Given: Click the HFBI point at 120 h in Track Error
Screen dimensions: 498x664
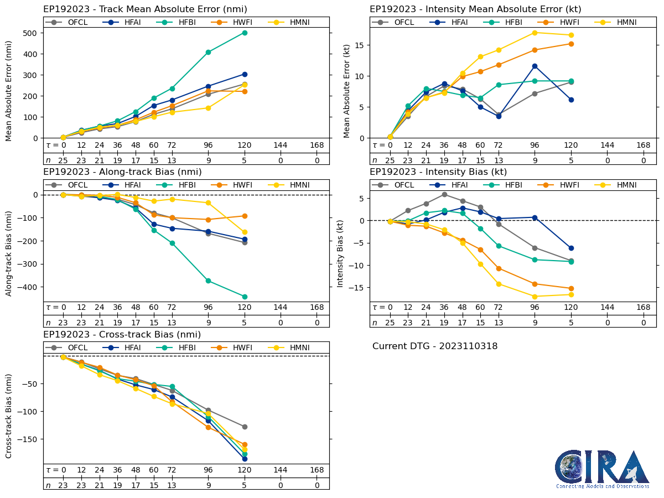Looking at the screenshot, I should pos(245,33).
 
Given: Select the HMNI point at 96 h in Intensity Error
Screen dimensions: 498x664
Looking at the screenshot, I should pos(535,33).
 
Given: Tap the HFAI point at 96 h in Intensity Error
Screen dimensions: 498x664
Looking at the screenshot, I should pos(535,66).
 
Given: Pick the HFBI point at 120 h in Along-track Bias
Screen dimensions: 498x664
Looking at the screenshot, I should pos(245,297).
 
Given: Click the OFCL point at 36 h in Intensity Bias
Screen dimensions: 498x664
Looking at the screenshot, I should pos(444,194).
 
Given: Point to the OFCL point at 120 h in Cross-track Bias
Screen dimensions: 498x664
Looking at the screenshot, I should pos(245,427).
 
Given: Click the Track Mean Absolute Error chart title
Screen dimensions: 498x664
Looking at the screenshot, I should pos(145,9).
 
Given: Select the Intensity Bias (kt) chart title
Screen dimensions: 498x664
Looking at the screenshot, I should pos(438,172).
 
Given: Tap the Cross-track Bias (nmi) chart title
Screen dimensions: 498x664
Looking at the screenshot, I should pos(122,334).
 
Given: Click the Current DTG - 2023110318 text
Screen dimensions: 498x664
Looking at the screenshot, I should pos(435,346).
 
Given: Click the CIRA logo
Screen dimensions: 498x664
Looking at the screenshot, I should pos(603,469).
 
